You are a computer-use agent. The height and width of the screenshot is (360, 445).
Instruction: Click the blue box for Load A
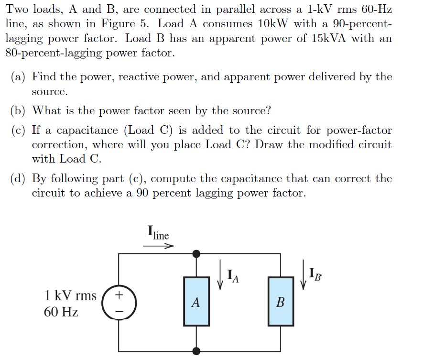(196, 301)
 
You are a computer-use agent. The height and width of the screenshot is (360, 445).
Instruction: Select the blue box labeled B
(280, 301)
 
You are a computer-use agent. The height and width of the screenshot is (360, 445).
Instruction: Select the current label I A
(232, 275)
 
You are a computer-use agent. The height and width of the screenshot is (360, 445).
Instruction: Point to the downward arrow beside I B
(303, 274)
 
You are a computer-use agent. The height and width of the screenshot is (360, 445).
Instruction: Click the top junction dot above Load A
(196, 253)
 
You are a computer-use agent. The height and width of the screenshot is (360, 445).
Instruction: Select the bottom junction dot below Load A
(196, 351)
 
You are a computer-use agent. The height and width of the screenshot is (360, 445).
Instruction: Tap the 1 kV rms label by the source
(70, 295)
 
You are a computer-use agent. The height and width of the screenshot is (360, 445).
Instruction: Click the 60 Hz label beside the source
(61, 312)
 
